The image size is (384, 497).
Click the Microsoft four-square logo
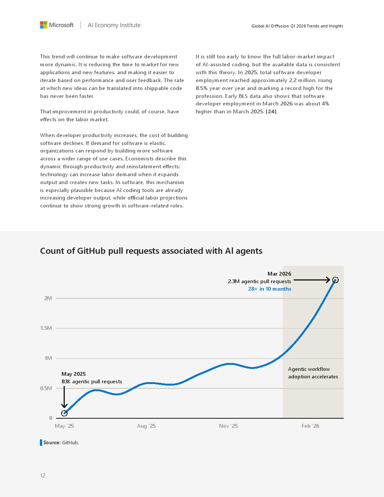pos(43,25)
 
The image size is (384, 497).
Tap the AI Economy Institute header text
pos(114,25)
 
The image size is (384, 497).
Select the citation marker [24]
pos(271,111)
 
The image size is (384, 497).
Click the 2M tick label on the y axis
pos(48,298)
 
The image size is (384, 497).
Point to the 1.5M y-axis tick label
pos(46,328)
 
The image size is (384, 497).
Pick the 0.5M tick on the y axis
pos(46,388)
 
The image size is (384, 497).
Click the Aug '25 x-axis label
pos(146,426)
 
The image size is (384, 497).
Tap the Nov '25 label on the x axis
pos(229,426)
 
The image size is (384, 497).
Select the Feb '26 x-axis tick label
pos(310,426)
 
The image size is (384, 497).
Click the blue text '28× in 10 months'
pos(270,289)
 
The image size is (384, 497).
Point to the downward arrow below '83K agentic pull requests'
pos(64,397)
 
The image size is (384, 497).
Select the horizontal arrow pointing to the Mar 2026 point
pos(312,280)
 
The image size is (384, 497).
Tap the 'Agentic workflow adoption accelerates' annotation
pos(313,373)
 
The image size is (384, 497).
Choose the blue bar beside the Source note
pos(41,442)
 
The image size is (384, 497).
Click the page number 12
pos(43,476)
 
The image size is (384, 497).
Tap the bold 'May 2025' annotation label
pos(74,374)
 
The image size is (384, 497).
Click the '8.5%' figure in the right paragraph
pos(202,88)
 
